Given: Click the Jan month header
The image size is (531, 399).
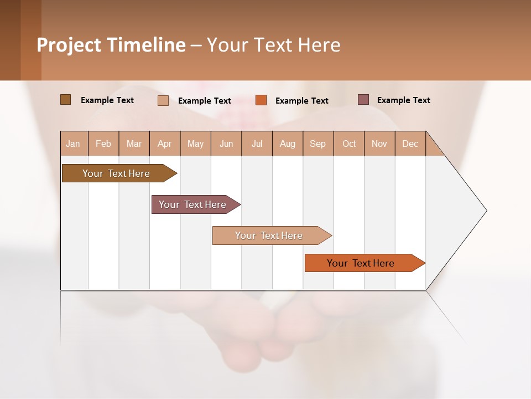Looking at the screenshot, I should click(x=73, y=144).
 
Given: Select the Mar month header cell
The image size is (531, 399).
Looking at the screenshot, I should click(x=134, y=144).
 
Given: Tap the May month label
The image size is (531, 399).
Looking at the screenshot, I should click(x=195, y=144).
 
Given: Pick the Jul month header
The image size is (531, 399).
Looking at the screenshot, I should click(x=257, y=144).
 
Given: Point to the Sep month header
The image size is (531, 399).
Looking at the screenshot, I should click(x=317, y=144).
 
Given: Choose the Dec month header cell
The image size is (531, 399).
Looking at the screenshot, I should click(x=410, y=144).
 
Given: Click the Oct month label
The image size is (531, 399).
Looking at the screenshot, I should click(x=349, y=144).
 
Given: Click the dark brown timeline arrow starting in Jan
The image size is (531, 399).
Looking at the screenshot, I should click(x=116, y=173).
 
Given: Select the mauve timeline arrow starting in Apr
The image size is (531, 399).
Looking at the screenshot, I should click(x=192, y=204).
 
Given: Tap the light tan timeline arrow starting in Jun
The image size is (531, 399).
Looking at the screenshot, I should click(x=269, y=236).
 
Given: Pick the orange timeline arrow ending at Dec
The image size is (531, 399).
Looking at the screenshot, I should click(x=361, y=263).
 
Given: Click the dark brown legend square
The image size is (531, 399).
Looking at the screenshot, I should click(x=65, y=100).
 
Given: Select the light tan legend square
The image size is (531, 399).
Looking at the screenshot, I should click(x=163, y=100).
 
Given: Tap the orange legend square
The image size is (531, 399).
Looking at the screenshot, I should click(x=261, y=100).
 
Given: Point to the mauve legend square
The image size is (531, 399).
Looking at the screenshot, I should click(x=363, y=100).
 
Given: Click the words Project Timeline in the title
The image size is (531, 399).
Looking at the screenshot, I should click(x=111, y=45).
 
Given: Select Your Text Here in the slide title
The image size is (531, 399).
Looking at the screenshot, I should click(x=273, y=45).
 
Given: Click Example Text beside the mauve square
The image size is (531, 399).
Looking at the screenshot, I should click(x=403, y=100).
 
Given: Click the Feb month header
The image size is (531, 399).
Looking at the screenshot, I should click(x=103, y=144).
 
